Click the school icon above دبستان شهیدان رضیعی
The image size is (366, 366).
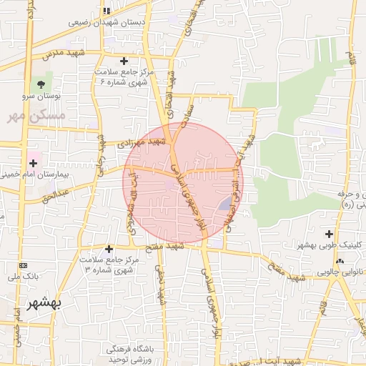(107, 11)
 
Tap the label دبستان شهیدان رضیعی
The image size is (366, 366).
(107, 22)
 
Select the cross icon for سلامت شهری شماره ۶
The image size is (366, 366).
(124, 61)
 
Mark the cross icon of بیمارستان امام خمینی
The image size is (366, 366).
(34, 163)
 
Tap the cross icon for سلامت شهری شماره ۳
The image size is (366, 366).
(109, 249)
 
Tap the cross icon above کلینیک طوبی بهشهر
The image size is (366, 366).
(329, 234)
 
